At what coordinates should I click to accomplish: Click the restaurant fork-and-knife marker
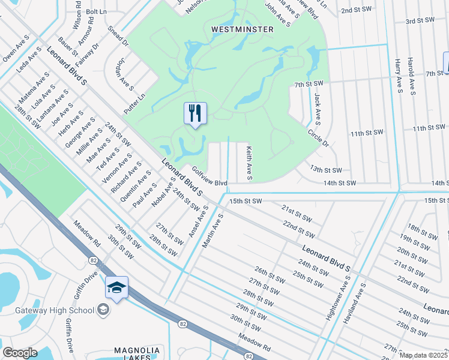click(x=195, y=113)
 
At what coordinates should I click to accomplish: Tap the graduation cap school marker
click(x=116, y=287)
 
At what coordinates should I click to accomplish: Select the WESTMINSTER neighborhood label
click(x=242, y=29)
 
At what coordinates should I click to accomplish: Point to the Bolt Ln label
click(x=95, y=11)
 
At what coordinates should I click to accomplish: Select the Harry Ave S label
click(x=398, y=76)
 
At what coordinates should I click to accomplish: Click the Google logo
click(x=20, y=353)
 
